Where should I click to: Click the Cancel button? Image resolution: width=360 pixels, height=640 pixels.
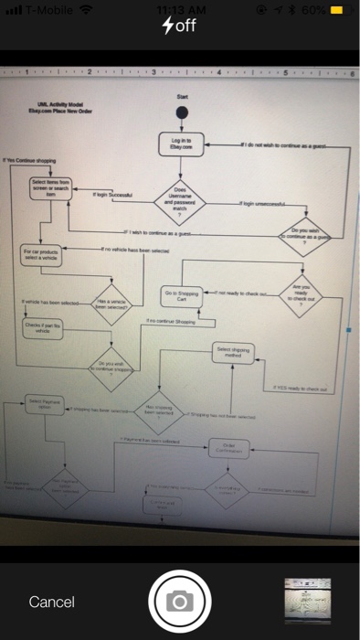coord(52,602)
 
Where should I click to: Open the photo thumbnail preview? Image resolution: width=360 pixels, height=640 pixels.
coord(311,601)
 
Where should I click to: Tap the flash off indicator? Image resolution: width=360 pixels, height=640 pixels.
coord(179,25)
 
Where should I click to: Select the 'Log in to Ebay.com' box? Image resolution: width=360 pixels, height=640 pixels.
coord(181,144)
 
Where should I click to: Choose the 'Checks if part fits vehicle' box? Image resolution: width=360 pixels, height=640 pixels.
coord(42,329)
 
